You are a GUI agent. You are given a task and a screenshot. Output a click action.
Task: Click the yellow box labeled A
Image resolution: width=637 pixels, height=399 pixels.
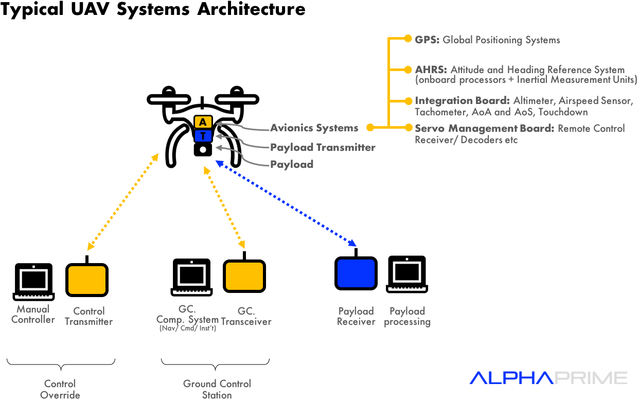coord(203,122)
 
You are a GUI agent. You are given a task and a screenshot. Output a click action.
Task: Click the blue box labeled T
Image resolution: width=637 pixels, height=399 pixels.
coord(203,136)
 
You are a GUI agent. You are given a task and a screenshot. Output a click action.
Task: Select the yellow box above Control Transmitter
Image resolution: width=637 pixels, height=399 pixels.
coord(87,280)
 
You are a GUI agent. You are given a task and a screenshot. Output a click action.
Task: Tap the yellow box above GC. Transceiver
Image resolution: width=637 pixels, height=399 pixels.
coord(244,276)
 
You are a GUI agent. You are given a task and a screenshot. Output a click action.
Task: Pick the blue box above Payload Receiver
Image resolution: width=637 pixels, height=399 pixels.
coord(356,273)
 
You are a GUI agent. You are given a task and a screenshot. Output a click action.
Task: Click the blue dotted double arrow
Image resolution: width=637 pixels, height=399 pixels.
coord(286,203)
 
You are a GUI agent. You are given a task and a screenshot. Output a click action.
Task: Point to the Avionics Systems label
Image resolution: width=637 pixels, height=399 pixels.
coord(314,128)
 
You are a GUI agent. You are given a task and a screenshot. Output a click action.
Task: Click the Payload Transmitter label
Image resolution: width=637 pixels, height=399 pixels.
coord(323,147)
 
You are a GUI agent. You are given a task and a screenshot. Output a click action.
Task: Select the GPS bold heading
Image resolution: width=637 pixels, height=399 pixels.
coord(427,40)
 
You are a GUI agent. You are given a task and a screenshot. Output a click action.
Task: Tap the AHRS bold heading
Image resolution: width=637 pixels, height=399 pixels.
coord(431,70)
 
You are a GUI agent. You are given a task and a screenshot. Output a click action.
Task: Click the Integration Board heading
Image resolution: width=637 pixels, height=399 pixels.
coord(462,101)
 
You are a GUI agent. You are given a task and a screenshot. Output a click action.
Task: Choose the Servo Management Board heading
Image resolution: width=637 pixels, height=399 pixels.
coord(484,128)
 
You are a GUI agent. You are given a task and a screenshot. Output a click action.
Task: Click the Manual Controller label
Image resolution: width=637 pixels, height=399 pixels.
coord(33,314)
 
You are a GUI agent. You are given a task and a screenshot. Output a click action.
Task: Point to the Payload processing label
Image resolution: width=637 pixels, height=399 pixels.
coord(407,316)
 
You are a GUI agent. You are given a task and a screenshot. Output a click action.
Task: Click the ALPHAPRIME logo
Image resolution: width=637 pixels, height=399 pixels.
coord(548,378)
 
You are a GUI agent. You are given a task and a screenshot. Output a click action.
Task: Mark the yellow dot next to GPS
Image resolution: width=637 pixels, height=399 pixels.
coord(408,39)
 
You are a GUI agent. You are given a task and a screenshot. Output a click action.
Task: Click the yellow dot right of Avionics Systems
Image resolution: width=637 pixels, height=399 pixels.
coord(370,127)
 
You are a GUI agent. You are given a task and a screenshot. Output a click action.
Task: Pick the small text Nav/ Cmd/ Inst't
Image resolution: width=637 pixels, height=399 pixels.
coord(188,328)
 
